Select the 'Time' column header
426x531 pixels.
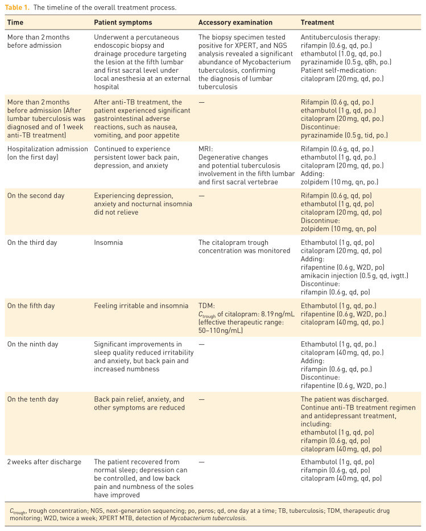pyautogui.click(x=15, y=23)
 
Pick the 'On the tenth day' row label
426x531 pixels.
pyautogui.click(x=32, y=399)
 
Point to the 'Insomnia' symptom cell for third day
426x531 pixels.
pyautogui.click(x=109, y=242)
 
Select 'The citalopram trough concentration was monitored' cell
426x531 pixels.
pyautogui.click(x=244, y=246)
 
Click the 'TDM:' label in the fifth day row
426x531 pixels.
pyautogui.click(x=207, y=306)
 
